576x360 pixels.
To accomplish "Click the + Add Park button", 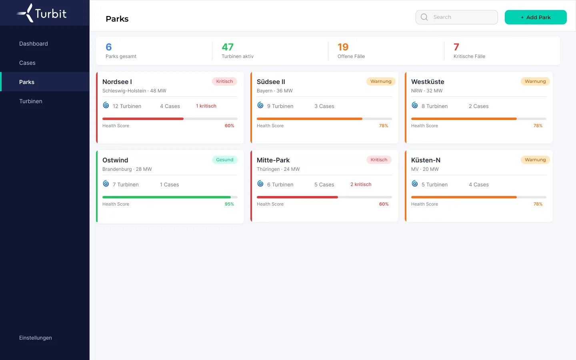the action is [x=535, y=17].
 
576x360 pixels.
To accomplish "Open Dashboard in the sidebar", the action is [x=34, y=44].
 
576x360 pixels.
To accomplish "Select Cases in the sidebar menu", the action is [x=27, y=63].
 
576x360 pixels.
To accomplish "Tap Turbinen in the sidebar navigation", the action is [x=30, y=101].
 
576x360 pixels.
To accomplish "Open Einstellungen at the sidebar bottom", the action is [x=36, y=338].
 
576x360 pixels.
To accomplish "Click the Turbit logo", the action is [x=42, y=13].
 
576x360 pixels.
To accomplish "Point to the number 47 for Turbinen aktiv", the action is [x=228, y=47].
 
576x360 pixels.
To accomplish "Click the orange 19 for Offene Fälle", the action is [x=343, y=47].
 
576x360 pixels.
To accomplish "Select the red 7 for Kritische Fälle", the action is [x=456, y=47].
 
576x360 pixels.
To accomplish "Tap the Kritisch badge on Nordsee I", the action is [x=224, y=81].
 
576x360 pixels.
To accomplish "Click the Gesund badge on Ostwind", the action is [x=224, y=160].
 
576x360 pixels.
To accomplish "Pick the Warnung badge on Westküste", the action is [x=535, y=81].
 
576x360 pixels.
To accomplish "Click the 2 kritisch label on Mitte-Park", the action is [x=361, y=184].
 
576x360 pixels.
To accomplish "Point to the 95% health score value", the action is [x=229, y=204].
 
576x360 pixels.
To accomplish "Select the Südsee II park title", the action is [x=271, y=82].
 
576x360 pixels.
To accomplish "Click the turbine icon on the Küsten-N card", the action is [x=414, y=183].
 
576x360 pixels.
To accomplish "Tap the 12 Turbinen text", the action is [x=127, y=106].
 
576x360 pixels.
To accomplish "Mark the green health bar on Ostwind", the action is [x=166, y=197].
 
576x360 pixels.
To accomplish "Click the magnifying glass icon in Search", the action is [x=424, y=17].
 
